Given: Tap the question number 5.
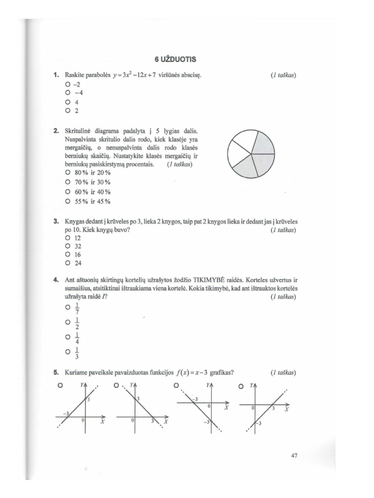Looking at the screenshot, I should tap(56, 373).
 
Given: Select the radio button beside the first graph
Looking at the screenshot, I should tap(60, 385).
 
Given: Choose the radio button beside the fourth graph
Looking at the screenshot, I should tap(241, 386).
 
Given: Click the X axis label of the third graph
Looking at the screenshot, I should tap(226, 408).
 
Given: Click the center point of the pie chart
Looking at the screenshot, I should tap(251, 154).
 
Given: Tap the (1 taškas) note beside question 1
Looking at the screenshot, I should tap(283, 75).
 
